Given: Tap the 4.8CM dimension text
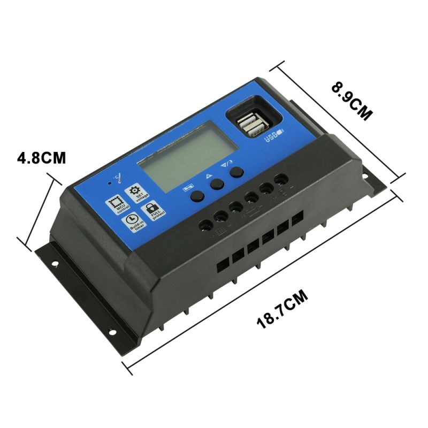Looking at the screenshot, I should coord(41,158).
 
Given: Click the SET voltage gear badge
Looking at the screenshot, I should coord(134,192).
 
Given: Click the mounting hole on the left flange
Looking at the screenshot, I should coord(54,262).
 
